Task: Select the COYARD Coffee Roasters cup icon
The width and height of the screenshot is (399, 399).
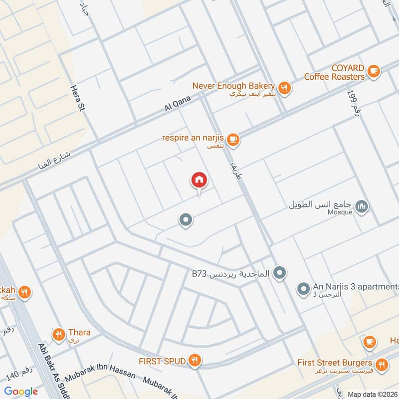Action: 373,72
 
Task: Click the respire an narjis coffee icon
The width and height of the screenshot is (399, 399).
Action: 233,140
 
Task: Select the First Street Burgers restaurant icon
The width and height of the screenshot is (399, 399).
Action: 382,366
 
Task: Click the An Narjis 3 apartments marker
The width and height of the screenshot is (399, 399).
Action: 303,288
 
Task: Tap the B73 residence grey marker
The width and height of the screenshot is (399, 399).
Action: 280,273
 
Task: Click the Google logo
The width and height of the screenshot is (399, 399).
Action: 21,392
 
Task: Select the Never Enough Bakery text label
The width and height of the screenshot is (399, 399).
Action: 233,86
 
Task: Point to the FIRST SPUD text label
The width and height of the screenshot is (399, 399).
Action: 163,361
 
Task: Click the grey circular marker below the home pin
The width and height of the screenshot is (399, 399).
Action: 186,220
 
